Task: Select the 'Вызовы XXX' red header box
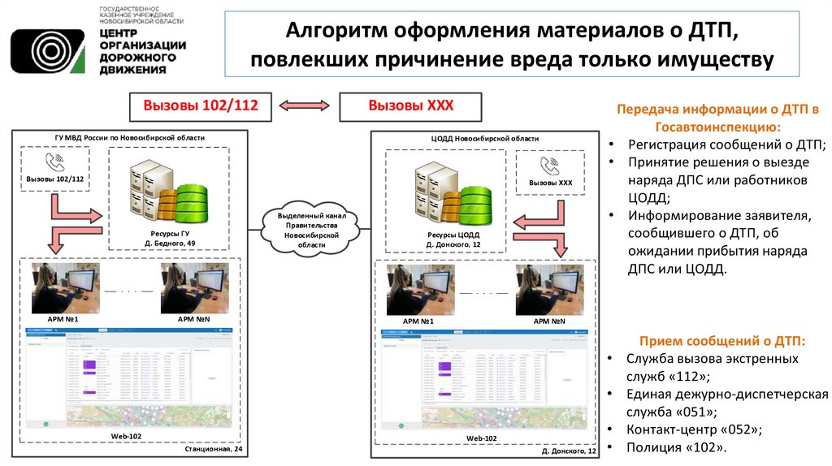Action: pyautogui.click(x=410, y=106)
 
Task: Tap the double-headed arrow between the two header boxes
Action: pyautogui.click(x=305, y=106)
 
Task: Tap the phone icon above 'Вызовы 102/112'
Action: pyautogui.click(x=55, y=162)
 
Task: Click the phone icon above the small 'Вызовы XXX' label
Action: pyautogui.click(x=551, y=167)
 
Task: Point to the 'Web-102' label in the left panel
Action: pyautogui.click(x=128, y=436)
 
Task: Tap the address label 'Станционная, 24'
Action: pyautogui.click(x=214, y=449)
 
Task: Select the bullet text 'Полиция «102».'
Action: pyautogui.click(x=676, y=447)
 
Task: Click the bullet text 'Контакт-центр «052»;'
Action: pyautogui.click(x=694, y=429)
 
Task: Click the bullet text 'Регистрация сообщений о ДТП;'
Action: pyautogui.click(x=726, y=145)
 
